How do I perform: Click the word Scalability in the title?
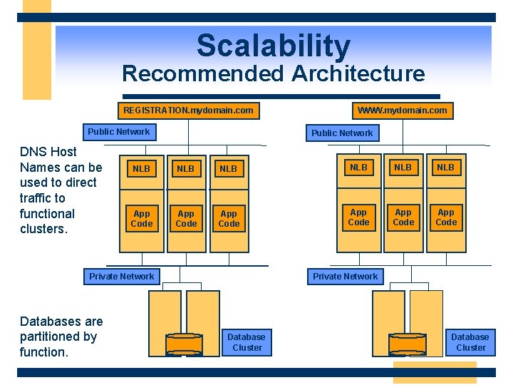click(x=274, y=46)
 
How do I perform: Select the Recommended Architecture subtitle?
click(x=274, y=73)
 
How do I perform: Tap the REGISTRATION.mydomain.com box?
click(x=188, y=111)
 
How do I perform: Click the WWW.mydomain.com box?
click(x=403, y=110)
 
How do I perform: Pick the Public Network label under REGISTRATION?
click(x=119, y=132)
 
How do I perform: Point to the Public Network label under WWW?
click(x=342, y=133)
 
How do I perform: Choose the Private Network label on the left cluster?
click(x=122, y=277)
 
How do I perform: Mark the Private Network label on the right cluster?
click(x=346, y=277)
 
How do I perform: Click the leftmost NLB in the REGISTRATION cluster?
click(x=142, y=169)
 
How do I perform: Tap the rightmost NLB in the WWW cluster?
click(x=446, y=168)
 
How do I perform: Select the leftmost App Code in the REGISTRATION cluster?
click(x=142, y=219)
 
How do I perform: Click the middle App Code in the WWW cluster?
click(x=403, y=217)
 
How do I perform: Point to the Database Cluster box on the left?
click(x=247, y=342)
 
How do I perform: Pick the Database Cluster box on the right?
click(x=470, y=342)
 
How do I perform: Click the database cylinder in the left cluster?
click(x=184, y=344)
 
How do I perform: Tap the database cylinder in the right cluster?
click(x=408, y=344)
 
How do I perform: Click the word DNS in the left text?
click(x=33, y=152)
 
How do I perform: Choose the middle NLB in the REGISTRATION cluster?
click(x=186, y=169)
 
